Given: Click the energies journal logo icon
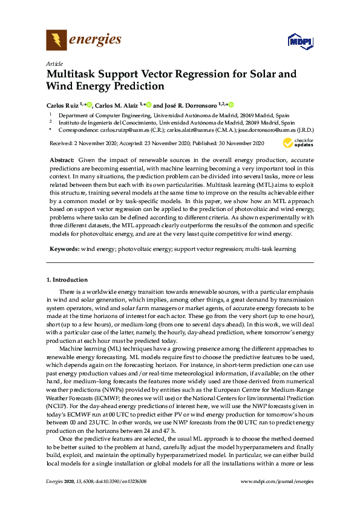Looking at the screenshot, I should point(56,41).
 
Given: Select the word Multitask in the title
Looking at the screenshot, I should point(75,75).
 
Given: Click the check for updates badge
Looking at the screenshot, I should point(298,143).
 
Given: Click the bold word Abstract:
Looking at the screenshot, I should point(62,160).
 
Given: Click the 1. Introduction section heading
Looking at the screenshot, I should point(67,280).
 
